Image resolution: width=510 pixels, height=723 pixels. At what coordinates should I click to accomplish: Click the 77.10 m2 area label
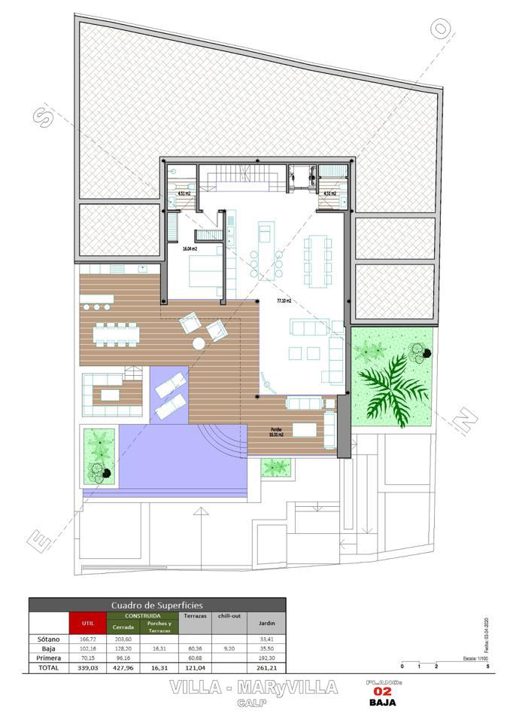tap(284, 300)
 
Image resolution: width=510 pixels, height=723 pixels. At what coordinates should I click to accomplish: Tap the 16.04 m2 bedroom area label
tap(190, 249)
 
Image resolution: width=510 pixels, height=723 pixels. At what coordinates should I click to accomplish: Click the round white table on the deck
tap(199, 343)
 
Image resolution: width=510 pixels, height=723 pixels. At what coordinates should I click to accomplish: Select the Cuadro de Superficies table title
tap(156, 605)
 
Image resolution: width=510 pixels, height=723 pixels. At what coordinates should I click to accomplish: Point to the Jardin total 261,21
tap(267, 667)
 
